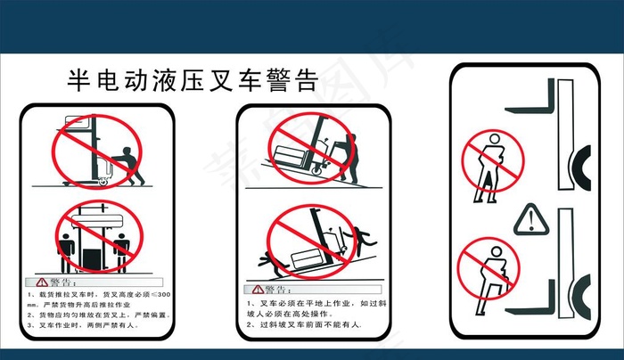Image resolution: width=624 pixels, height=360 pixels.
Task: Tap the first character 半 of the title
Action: (78, 82)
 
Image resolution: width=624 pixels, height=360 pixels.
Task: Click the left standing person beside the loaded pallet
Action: (64, 250)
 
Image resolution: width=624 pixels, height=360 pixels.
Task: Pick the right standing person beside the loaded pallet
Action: (121, 250)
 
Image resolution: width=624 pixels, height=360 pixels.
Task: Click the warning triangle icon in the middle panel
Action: (258, 290)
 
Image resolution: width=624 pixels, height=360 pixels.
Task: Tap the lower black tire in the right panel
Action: (585, 295)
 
